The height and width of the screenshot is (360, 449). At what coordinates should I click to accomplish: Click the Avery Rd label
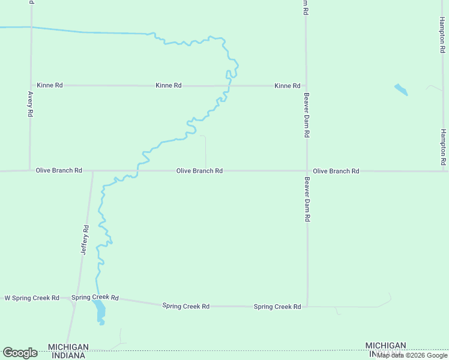coord(30,104)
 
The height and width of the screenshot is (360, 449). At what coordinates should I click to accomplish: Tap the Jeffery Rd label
coord(85,240)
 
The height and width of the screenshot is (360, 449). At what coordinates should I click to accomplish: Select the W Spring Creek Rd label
coord(32,298)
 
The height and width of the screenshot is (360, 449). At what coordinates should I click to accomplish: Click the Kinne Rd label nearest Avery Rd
coord(50,85)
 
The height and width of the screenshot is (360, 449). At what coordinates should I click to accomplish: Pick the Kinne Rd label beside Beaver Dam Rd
coord(287,86)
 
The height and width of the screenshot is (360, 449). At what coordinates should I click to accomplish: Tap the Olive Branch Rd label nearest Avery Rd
coord(59,170)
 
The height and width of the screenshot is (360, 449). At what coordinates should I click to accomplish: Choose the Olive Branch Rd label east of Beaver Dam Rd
coord(336,171)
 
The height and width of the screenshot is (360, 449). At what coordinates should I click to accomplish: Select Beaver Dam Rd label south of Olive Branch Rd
coord(307,200)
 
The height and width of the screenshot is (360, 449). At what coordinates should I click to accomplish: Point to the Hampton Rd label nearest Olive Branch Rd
coord(443,147)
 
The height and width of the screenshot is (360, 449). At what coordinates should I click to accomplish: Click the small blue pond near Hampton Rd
coord(401,90)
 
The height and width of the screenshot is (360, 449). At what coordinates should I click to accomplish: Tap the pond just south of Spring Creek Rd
coord(99,311)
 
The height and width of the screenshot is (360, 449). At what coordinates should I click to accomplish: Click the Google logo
coord(20,353)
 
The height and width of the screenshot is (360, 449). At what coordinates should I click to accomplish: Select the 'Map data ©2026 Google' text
coord(412,355)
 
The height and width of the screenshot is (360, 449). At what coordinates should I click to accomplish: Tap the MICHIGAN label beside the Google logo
coord(68,347)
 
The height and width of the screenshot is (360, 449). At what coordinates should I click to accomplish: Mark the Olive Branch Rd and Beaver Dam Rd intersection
coord(307,171)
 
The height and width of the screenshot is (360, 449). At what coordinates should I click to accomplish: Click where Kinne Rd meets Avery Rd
coord(31,85)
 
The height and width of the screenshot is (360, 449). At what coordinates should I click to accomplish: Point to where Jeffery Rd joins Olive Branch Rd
coord(93,171)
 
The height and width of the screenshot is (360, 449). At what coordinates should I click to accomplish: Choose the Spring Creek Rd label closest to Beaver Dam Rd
coord(277,307)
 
